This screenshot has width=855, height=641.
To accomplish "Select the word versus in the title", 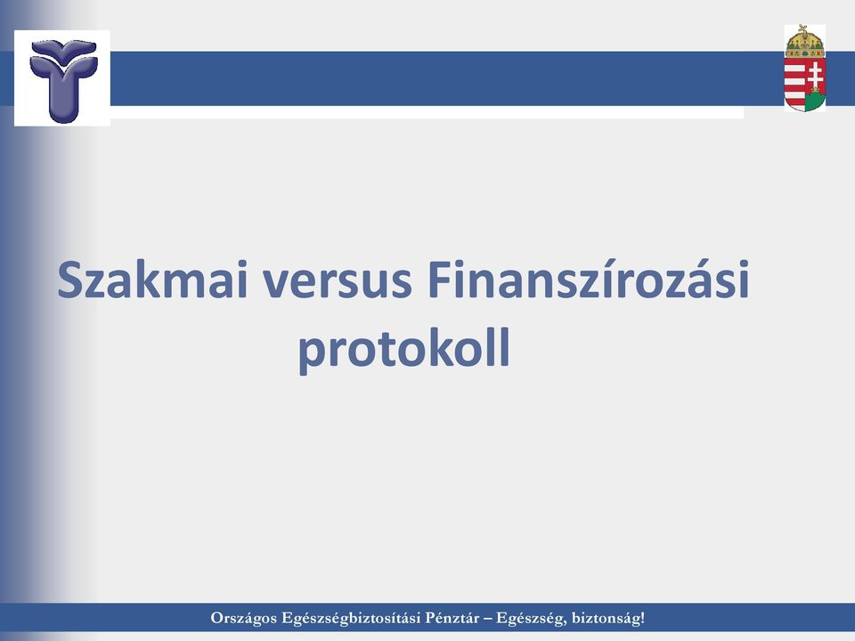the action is click(x=338, y=283).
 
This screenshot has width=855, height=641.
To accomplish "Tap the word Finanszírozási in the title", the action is click(x=589, y=279).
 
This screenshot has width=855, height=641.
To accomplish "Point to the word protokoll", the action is click(x=404, y=348).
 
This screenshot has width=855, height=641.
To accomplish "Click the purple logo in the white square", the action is click(x=63, y=79).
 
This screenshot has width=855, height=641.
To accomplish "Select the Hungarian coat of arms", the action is click(x=805, y=69).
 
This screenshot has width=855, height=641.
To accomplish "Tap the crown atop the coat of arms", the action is click(x=805, y=42).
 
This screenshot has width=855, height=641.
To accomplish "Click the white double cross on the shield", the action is click(x=815, y=77).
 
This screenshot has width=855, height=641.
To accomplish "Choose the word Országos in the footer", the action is click(x=244, y=618).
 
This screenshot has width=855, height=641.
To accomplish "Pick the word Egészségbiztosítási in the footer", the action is click(x=351, y=618).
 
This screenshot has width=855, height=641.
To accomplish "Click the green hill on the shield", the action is click(x=815, y=100).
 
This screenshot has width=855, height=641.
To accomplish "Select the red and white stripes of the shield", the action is click(x=795, y=84).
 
